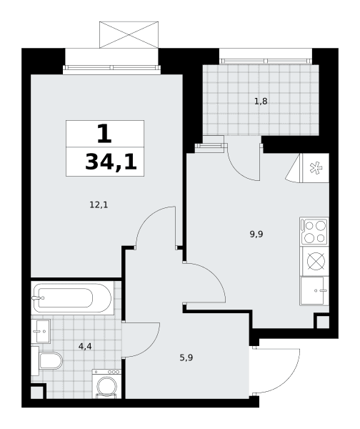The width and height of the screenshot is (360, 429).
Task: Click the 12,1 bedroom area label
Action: coord(99,204)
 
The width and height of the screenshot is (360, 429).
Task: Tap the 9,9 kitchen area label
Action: coord(256,235)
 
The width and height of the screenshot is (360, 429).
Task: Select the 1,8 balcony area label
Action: coord(261,102)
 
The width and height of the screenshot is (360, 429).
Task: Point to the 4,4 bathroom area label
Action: coord(85,347)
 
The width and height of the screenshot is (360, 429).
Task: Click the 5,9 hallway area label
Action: coord(186,357)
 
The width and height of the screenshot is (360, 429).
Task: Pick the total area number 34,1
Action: coord(111,162)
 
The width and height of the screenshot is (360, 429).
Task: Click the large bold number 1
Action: coord(104,134)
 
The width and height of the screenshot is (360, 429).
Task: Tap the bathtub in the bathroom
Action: coord(72,298)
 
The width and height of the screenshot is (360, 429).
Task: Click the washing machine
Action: coord(107,383)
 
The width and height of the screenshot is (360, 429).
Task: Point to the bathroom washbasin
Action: coord(41,331)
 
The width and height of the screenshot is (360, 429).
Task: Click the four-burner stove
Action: coord(314,232)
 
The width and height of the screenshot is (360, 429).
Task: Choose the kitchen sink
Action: coord(314,290)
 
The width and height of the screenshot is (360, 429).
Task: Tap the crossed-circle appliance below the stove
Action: coord(316,261)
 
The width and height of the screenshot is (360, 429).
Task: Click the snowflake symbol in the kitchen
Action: coord(316,168)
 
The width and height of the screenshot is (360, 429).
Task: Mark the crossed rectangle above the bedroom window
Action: coord(129,35)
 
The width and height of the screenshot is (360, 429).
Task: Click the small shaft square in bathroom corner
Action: coord(37,393)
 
